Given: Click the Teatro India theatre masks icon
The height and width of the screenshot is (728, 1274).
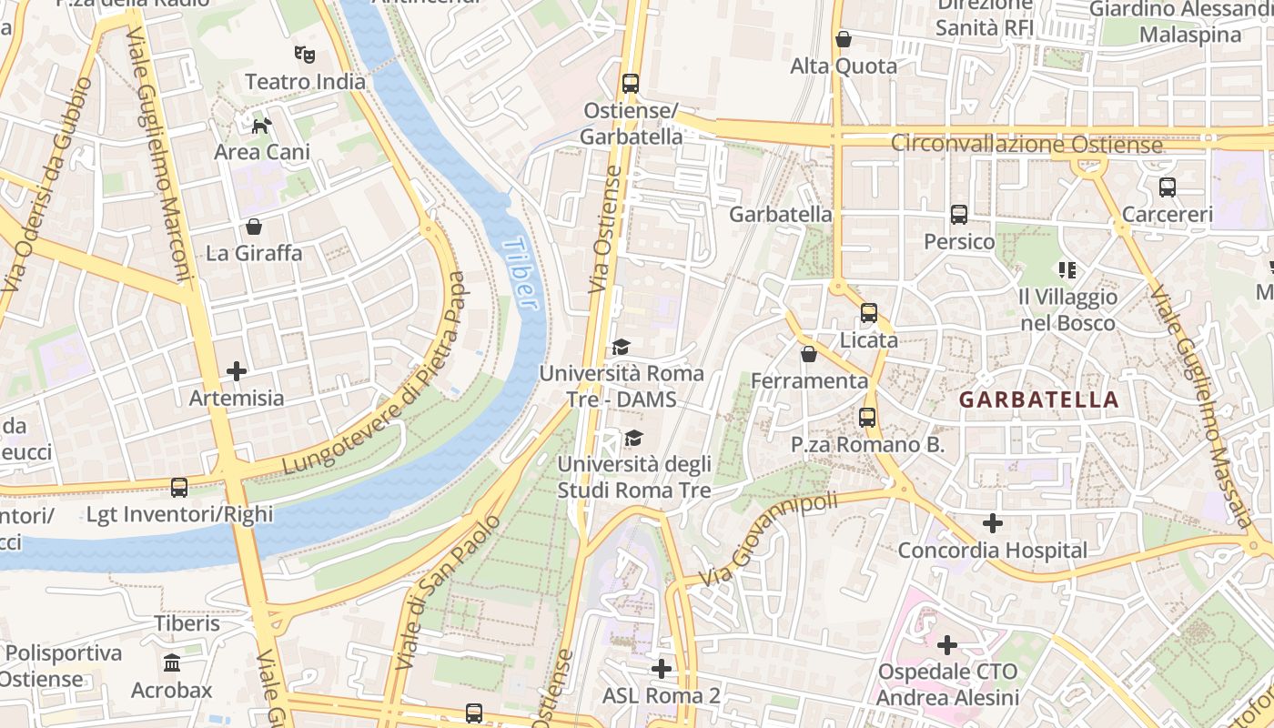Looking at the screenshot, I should (304, 55).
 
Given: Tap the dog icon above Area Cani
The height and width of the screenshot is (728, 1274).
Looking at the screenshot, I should (261, 126).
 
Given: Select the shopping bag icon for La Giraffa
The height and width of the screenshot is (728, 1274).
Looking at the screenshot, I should (254, 226).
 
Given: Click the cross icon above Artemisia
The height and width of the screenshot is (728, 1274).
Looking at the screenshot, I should (237, 371).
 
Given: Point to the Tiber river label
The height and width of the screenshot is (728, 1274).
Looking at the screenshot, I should (520, 273).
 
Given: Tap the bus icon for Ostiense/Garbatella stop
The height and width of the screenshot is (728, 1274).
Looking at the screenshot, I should (631, 84).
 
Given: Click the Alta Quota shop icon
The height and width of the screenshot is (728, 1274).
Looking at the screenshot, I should (844, 39).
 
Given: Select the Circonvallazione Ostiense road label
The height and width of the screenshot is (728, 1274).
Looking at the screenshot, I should (1026, 145).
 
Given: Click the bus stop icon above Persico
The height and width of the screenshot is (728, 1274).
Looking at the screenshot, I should (959, 215).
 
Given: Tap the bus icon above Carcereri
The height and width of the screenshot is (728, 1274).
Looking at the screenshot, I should (1168, 187).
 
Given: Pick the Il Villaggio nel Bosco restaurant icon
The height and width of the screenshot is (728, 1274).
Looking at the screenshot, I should (1067, 269).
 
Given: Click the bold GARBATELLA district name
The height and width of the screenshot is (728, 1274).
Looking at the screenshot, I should (1038, 399).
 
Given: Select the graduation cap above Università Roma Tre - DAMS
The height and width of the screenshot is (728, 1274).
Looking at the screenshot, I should (621, 347).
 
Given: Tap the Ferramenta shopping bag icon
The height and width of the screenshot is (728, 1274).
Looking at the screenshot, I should (809, 354).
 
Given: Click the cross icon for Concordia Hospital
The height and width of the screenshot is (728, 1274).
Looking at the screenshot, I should (993, 523).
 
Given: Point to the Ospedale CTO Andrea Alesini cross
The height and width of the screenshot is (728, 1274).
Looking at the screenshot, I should (947, 645).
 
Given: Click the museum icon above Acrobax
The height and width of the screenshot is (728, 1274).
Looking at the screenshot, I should (172, 663).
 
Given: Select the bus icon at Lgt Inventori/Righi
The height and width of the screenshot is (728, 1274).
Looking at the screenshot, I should (179, 488).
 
